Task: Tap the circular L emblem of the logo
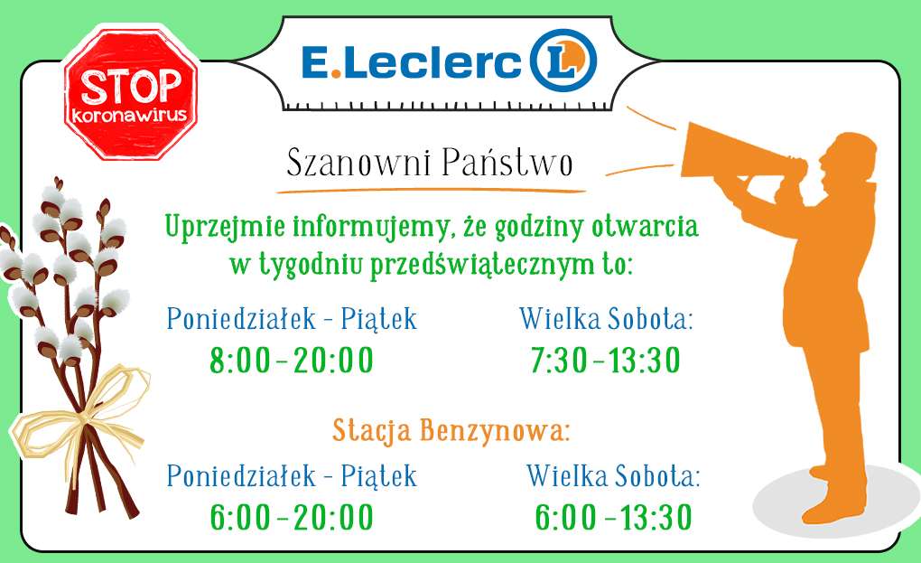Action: click(x=563, y=61)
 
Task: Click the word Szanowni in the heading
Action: click(x=358, y=162)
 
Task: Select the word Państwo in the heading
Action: click(x=507, y=162)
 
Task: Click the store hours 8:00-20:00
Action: click(x=292, y=361)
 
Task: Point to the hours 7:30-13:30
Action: click(x=605, y=361)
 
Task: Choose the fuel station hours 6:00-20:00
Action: click(x=292, y=517)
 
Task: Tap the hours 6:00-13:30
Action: click(x=613, y=517)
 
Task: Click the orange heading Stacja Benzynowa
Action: click(x=451, y=431)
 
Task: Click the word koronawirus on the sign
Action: click(x=129, y=113)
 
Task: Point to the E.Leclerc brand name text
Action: click(x=411, y=62)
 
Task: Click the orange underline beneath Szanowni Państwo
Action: click(x=431, y=191)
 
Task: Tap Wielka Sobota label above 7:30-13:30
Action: click(x=606, y=319)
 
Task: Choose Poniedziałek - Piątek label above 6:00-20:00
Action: click(x=292, y=475)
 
